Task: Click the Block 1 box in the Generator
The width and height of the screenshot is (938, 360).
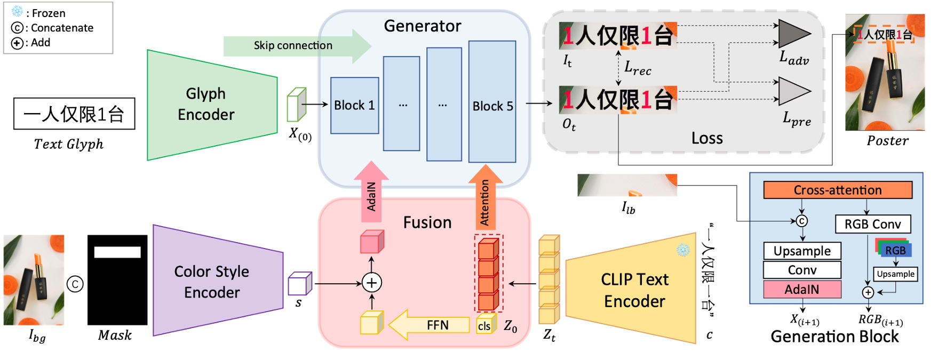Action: pos(354,106)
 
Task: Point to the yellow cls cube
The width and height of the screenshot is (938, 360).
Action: pos(485,325)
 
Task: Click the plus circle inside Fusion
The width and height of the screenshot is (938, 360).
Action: pos(371,283)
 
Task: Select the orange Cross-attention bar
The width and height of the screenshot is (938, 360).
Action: pos(837,190)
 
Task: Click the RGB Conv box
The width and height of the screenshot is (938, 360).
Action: pos(872,224)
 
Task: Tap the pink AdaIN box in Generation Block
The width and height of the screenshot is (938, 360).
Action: pos(801,289)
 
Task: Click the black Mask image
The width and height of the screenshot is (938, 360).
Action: pos(117,280)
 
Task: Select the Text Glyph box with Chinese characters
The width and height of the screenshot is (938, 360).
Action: pos(74,114)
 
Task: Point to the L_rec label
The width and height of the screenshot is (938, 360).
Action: pos(638,68)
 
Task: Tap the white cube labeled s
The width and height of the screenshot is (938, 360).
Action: pos(299,284)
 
